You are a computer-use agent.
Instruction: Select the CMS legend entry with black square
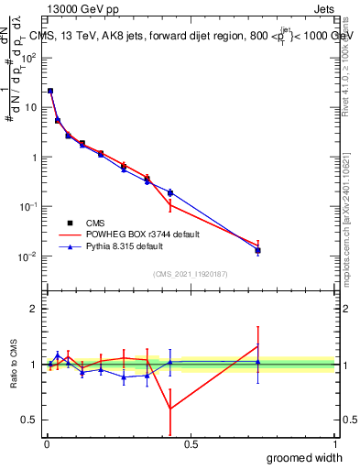coord(92,222)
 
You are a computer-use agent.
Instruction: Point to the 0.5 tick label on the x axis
coord(191,444)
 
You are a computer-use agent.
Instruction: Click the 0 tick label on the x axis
coord(47,444)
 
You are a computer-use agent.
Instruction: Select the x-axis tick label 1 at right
coord(334,444)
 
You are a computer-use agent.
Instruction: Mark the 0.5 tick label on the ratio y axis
coord(33,420)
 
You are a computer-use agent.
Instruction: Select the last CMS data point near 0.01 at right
coord(258,250)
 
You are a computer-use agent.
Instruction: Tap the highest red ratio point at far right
coord(258,345)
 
